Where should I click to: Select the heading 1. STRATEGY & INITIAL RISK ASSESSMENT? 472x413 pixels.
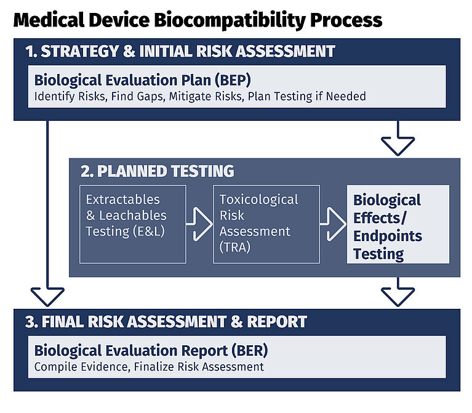[180, 51]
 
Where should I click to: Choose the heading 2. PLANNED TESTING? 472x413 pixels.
[157, 171]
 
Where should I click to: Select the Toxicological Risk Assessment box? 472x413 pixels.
[266, 224]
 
